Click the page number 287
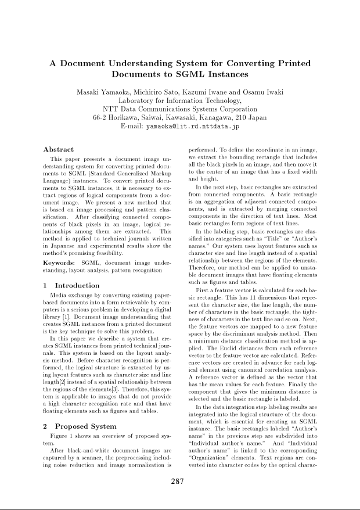pyautogui.click(x=179, y=480)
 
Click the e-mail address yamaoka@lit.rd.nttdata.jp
pyautogui.click(x=192, y=125)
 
